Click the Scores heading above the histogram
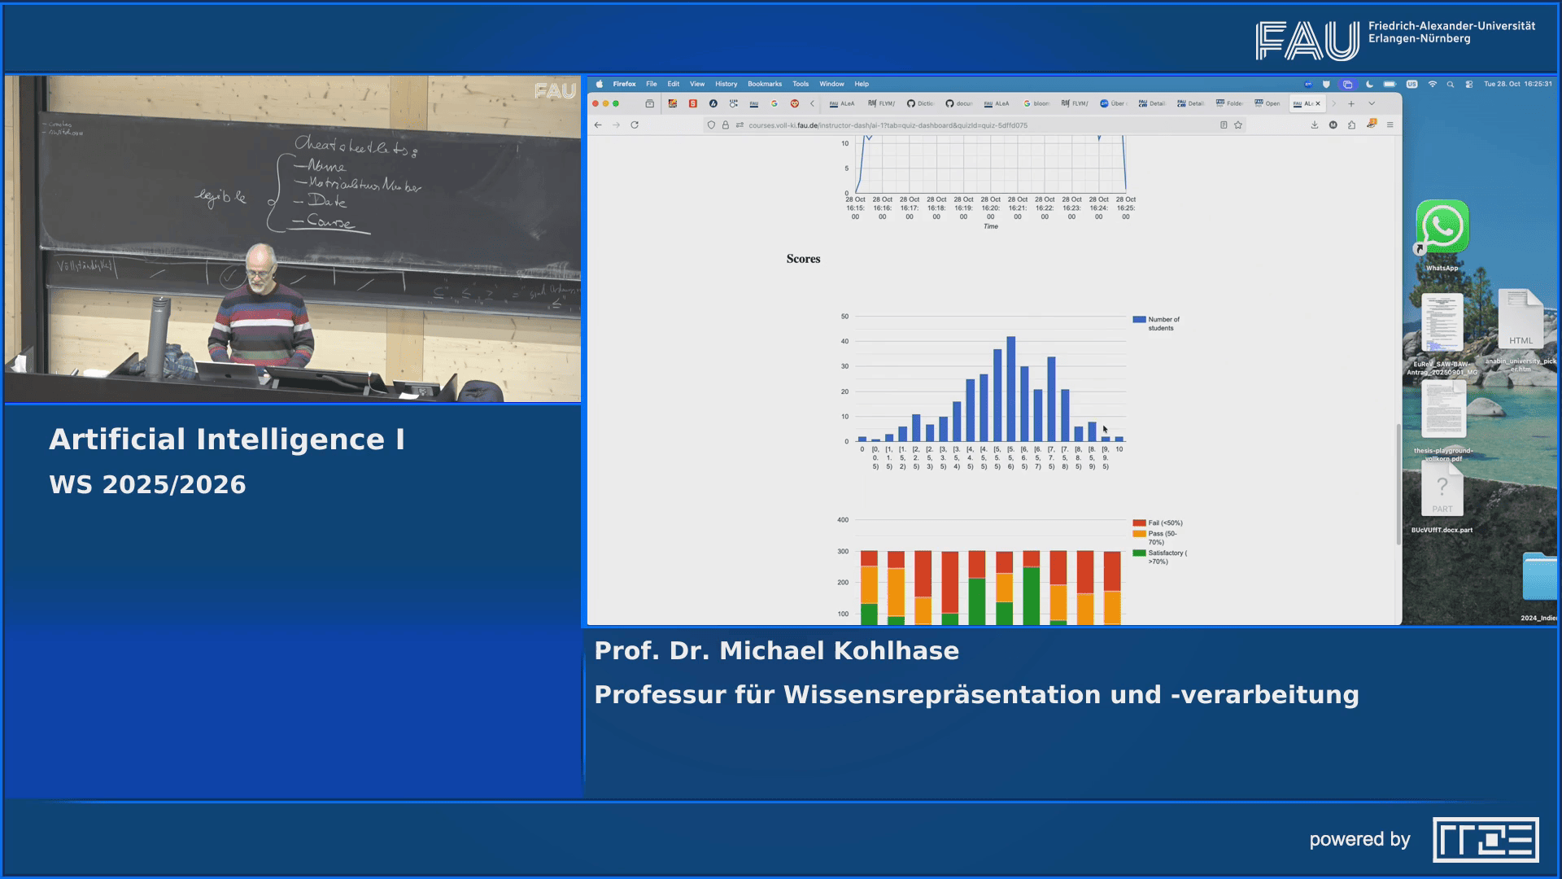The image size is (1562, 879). pos(803,259)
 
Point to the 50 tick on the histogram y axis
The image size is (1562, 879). pos(844,317)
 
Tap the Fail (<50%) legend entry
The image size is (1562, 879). pos(1164,523)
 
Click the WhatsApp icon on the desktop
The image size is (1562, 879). pos(1442,227)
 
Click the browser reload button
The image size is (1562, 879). pos(635,125)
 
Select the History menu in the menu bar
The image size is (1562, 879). pos(726,84)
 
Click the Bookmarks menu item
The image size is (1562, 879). pos(764,84)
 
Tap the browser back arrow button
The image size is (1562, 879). pos(598,125)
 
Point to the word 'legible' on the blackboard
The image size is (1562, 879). pos(220,197)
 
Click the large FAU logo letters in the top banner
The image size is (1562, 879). pos(1307,41)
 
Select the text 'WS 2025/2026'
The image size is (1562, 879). pos(147,485)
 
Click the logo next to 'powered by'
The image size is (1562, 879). pos(1485,840)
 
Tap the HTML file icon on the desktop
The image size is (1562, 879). pos(1520,319)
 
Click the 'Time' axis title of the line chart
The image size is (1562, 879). pos(990,226)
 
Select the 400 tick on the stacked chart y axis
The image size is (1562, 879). pos(843,520)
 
